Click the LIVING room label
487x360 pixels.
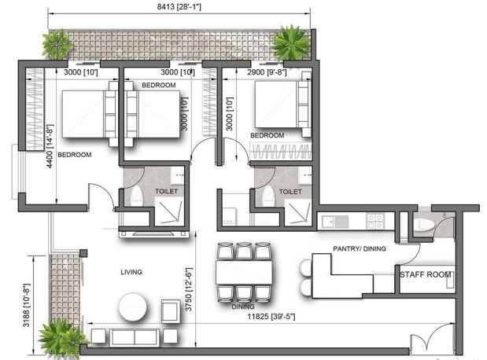click(x=131, y=272)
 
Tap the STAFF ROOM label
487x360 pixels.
click(x=425, y=274)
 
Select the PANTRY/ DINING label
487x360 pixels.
click(x=360, y=248)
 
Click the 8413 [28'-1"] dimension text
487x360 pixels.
click(x=179, y=7)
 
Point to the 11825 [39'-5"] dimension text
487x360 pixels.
click(x=271, y=317)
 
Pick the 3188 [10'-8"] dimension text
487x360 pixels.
click(x=27, y=305)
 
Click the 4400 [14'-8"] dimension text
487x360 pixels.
click(x=50, y=146)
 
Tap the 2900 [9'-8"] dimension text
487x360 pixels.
click(x=267, y=72)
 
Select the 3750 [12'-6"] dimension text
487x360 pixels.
click(x=189, y=289)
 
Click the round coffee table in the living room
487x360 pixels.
click(x=133, y=307)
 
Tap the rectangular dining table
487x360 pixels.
click(x=244, y=272)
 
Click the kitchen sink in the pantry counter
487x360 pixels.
click(x=335, y=222)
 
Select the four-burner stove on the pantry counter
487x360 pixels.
click(x=375, y=222)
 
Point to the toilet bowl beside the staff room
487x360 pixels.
click(x=424, y=224)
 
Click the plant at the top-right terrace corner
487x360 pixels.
click(x=290, y=42)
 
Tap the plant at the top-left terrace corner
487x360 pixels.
click(x=57, y=44)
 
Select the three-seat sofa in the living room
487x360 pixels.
click(x=135, y=338)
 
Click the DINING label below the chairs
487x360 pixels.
click(x=243, y=307)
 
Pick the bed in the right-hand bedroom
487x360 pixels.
click(x=283, y=105)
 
